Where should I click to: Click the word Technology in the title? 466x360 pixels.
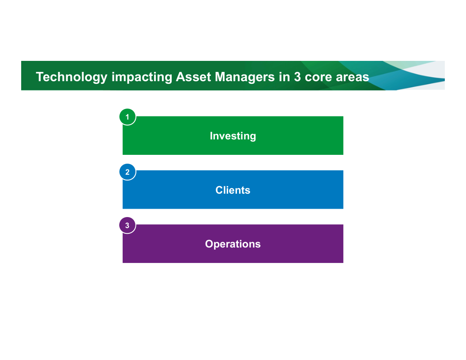coord(71,77)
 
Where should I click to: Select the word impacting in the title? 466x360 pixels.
coord(142,77)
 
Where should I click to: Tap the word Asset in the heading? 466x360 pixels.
coord(193,77)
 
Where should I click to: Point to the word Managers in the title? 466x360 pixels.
coord(244,77)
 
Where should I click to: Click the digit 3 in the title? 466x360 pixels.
coord(297,77)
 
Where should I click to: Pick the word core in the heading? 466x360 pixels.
coord(318,77)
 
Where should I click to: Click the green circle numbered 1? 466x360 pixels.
coord(128,117)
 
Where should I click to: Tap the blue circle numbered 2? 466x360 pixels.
coord(128,172)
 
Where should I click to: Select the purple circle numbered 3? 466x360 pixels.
coord(128,225)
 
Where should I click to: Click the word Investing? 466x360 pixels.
coord(233,136)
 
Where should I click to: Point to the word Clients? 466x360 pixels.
coord(233,190)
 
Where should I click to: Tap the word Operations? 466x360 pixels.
coord(233,244)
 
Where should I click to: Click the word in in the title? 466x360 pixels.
coord(284,77)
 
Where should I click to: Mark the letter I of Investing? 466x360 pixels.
coord(211,136)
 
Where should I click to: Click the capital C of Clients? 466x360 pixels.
coord(219,190)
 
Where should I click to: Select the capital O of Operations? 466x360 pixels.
coord(209,244)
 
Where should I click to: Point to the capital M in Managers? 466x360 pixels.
coord(220,77)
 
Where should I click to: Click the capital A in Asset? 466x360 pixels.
coord(180,77)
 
